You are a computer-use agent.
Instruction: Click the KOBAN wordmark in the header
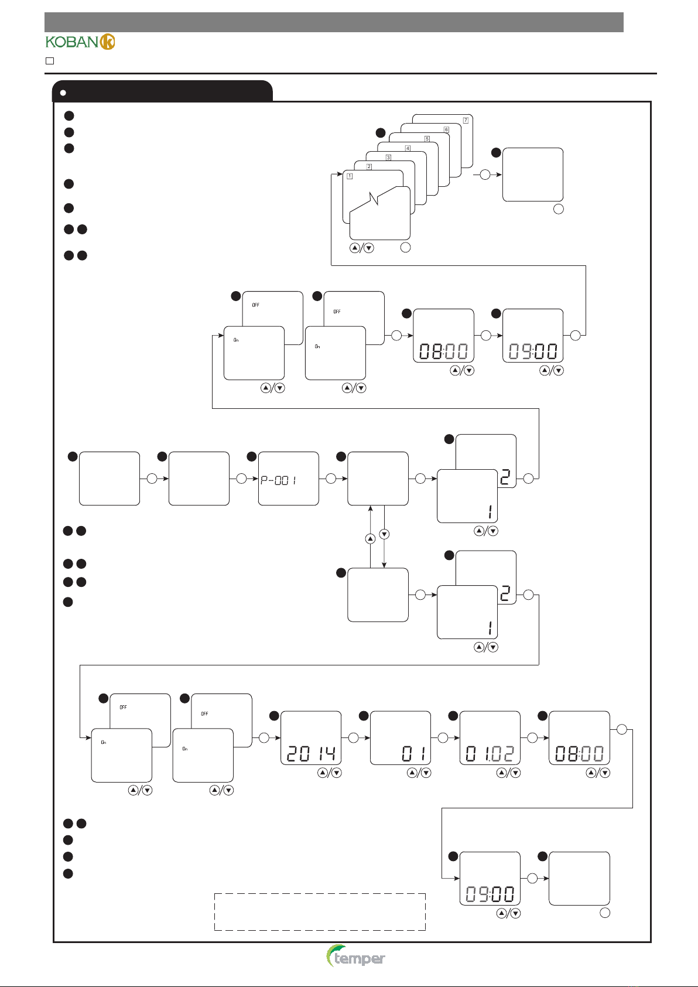click(71, 42)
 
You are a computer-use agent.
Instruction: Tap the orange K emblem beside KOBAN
click(108, 42)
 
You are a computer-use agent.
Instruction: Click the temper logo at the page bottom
click(356, 957)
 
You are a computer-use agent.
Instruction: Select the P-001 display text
click(279, 480)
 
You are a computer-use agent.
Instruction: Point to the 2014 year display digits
click(311, 753)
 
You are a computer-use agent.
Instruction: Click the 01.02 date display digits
click(490, 753)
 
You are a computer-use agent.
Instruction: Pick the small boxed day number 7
click(466, 120)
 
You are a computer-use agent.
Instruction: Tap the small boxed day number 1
click(350, 176)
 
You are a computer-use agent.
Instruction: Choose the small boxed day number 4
click(408, 148)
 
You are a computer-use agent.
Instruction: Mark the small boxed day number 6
click(446, 129)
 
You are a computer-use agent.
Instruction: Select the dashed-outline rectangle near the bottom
click(320, 911)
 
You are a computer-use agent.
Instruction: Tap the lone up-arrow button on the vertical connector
click(370, 538)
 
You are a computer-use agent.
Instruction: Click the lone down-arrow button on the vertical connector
click(384, 534)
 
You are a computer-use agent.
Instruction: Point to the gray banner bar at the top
click(334, 22)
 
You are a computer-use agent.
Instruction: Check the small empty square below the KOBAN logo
click(50, 60)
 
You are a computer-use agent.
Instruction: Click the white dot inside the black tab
click(63, 93)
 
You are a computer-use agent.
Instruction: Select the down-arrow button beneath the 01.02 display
click(515, 773)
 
